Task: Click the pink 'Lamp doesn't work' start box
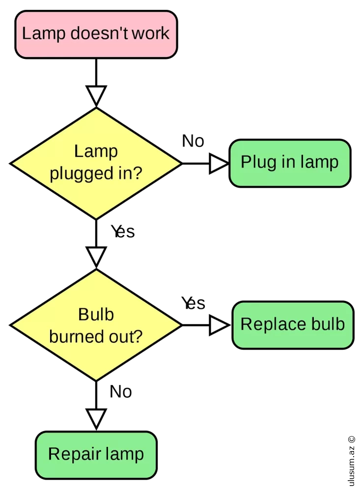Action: click(x=96, y=34)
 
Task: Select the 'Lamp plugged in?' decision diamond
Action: click(x=96, y=163)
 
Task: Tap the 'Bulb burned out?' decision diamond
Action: click(x=96, y=325)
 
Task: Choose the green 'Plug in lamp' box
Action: click(x=290, y=163)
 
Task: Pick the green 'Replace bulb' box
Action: click(x=293, y=325)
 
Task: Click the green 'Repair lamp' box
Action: click(x=96, y=454)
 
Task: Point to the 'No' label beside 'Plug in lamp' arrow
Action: click(x=193, y=141)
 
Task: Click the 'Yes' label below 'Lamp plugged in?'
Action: click(x=123, y=231)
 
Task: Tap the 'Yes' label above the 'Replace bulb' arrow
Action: click(x=193, y=303)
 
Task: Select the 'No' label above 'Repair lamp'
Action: click(x=121, y=392)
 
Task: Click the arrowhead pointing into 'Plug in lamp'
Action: click(x=219, y=163)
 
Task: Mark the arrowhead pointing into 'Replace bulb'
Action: click(x=220, y=325)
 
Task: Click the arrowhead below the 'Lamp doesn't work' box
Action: click(x=96, y=95)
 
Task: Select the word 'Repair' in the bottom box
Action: click(x=68, y=454)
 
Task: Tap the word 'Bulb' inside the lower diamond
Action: click(x=96, y=314)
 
